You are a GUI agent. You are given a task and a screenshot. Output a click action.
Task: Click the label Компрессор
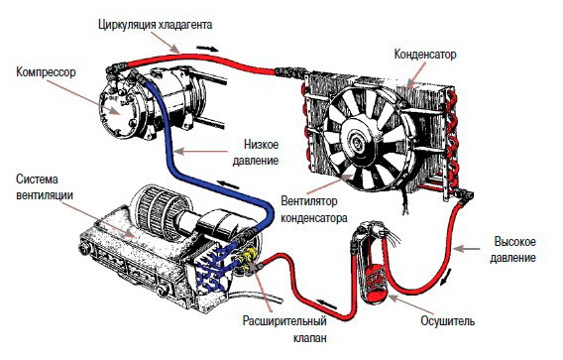46,72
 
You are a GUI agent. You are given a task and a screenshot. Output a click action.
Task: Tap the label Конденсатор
425,55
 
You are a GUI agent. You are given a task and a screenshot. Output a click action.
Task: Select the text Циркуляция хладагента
155,25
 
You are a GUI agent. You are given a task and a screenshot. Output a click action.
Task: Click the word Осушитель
447,321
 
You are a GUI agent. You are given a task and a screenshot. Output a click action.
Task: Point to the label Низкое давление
256,153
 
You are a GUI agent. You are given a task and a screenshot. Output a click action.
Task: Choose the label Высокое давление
513,249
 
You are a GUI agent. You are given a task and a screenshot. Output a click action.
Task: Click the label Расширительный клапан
284,328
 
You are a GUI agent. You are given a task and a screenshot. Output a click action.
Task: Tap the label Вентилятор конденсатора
314,209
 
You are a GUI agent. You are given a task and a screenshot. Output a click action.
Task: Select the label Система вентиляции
45,186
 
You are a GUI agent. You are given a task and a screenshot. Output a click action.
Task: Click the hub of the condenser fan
358,139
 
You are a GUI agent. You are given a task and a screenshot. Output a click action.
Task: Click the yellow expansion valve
248,260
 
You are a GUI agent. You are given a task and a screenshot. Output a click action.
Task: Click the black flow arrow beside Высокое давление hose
445,278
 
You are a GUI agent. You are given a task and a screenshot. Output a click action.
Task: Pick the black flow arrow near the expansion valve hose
326,304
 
